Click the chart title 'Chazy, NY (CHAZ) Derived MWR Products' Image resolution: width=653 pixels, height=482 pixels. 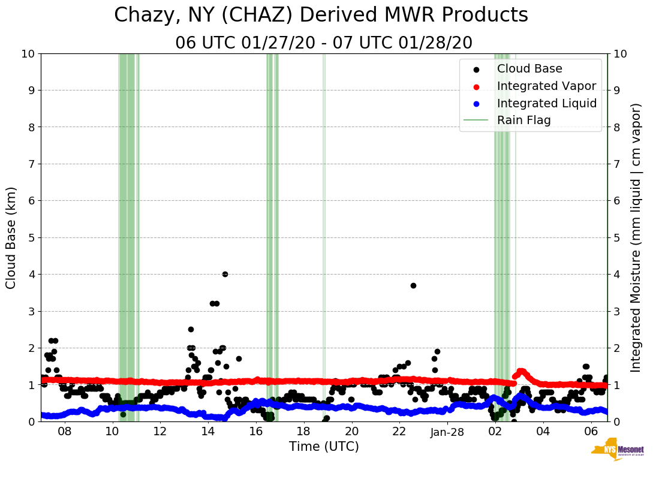point(321,16)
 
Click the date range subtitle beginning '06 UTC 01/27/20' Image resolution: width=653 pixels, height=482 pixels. point(324,43)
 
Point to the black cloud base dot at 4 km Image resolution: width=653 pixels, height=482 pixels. point(225,274)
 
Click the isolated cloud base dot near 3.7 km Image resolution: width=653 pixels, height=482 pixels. point(413,285)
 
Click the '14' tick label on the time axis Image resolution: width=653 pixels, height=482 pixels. point(208,432)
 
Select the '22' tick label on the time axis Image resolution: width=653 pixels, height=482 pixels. point(400,432)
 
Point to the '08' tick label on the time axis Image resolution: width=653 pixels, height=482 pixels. point(65,432)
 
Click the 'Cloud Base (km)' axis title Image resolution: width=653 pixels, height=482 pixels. point(11,237)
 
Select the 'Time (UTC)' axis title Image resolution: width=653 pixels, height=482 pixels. point(324,447)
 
